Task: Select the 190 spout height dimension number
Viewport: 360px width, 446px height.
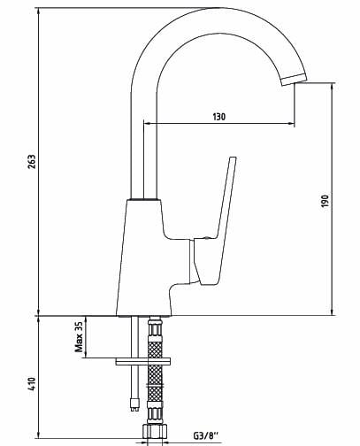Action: click(x=325, y=201)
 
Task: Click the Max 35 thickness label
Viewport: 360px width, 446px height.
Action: click(x=79, y=337)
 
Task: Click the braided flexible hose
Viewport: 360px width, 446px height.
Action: click(x=156, y=381)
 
